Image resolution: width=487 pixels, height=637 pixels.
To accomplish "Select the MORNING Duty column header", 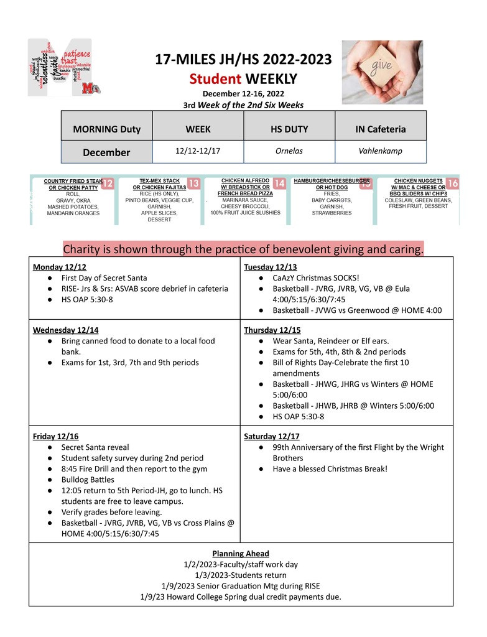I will click(106, 129).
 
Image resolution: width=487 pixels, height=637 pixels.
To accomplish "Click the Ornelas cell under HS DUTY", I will click(289, 151).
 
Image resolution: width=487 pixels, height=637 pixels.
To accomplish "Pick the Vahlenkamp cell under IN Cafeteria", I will click(380, 151).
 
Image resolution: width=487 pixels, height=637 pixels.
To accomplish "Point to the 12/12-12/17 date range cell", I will click(198, 151).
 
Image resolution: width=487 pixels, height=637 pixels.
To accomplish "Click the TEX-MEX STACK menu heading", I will click(159, 180).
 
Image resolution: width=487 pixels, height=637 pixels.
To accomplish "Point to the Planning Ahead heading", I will click(241, 554).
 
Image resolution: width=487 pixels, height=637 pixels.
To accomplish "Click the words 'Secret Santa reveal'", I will click(95, 447).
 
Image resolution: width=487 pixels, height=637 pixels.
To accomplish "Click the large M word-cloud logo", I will click(60, 68).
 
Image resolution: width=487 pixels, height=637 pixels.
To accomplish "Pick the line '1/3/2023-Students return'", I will click(241, 575).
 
